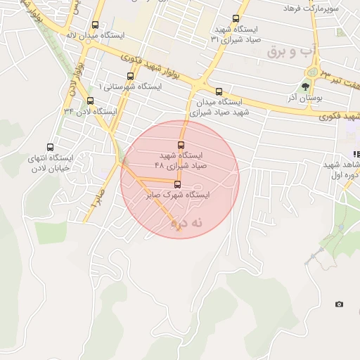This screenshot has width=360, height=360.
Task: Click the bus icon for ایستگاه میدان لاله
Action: (x=96, y=25)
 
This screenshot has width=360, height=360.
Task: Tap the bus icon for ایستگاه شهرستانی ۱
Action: (x=130, y=76)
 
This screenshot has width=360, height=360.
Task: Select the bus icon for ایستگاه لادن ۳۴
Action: (x=90, y=101)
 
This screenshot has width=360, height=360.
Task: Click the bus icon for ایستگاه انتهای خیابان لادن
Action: (x=49, y=148)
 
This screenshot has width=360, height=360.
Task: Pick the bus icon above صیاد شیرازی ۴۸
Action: (x=181, y=144)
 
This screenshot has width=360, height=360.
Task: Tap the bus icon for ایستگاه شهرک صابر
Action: (x=176, y=185)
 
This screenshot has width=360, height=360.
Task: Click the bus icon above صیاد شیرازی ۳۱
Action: (x=236, y=19)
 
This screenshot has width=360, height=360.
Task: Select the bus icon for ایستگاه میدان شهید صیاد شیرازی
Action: (x=219, y=91)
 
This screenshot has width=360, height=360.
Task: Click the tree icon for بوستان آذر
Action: (x=305, y=87)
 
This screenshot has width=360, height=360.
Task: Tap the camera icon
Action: (x=340, y=304)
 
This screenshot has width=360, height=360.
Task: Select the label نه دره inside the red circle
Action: (x=185, y=223)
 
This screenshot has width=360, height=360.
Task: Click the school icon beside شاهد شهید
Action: (x=356, y=154)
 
